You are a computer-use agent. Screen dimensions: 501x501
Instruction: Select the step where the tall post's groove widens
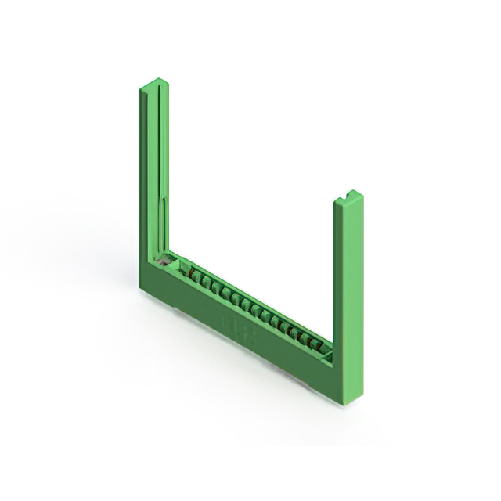163,200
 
